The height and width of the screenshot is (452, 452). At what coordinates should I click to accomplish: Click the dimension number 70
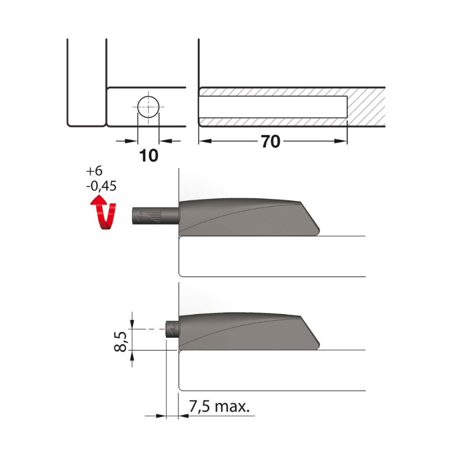[271, 142]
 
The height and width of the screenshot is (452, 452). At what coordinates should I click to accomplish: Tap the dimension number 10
[149, 156]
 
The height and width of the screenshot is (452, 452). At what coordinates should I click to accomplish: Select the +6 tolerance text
[94, 171]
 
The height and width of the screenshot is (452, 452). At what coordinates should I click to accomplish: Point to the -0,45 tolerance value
[101, 186]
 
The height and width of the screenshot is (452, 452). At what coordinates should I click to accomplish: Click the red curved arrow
[103, 213]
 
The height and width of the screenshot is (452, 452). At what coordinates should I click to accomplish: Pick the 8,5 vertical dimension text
[121, 342]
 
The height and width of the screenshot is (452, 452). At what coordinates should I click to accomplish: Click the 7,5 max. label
[219, 406]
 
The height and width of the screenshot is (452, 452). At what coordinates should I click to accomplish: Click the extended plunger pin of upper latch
[155, 216]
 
